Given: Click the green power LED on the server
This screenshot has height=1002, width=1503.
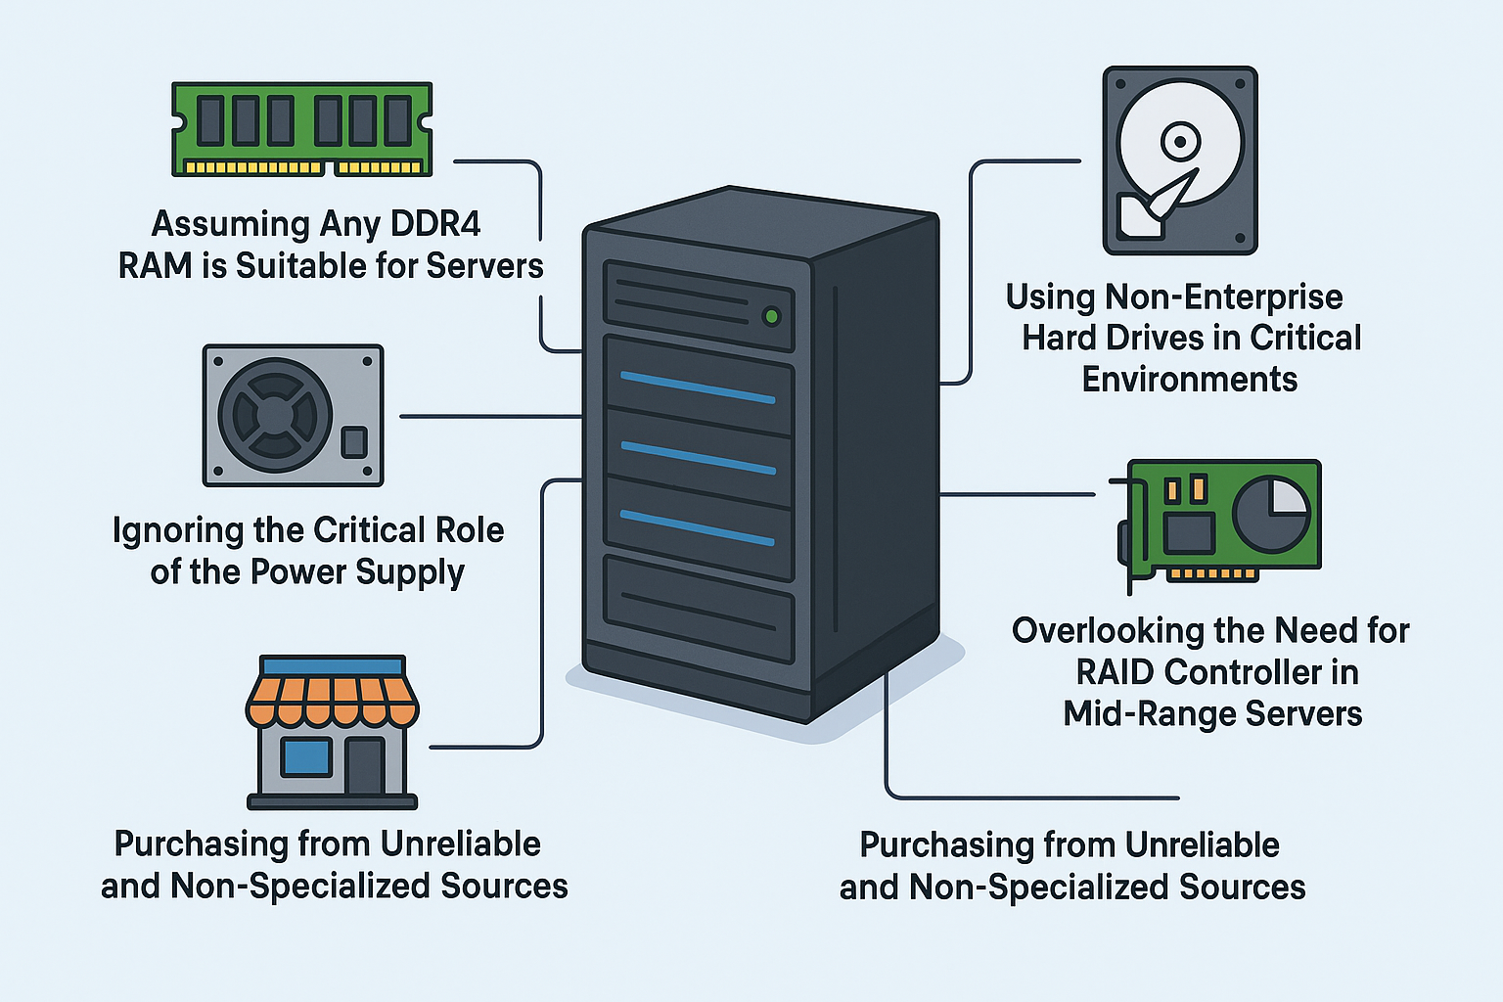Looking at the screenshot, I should [771, 316].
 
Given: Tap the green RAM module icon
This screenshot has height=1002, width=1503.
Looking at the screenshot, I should [302, 128].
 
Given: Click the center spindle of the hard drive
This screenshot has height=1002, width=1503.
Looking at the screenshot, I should [1180, 143].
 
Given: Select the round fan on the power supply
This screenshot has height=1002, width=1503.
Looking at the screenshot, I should [275, 415].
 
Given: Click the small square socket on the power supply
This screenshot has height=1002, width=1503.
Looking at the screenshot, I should [353, 442].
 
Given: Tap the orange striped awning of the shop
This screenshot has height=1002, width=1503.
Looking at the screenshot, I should [333, 699].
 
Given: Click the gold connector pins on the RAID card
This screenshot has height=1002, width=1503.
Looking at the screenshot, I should [1213, 574].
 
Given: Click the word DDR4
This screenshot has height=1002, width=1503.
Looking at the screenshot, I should [435, 224].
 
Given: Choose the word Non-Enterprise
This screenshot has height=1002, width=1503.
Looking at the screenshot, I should [1223, 296].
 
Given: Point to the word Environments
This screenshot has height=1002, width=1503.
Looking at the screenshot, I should [1189, 380].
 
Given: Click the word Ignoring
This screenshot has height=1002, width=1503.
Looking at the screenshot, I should [178, 531].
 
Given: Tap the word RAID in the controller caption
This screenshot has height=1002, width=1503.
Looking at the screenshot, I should [1116, 672].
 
